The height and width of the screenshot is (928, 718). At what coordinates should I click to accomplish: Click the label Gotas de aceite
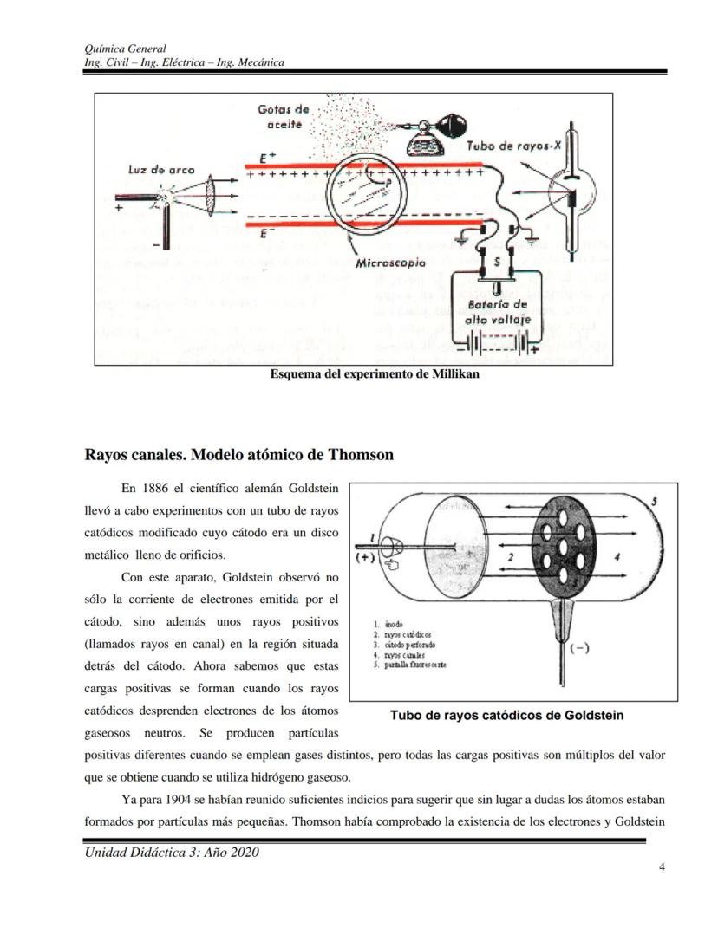coord(284,117)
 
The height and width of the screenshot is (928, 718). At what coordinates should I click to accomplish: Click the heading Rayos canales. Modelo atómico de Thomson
coord(238,455)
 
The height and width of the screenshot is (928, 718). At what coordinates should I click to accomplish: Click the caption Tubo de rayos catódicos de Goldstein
coord(506,716)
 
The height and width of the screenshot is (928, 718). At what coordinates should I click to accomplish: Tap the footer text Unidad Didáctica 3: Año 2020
coord(172,853)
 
